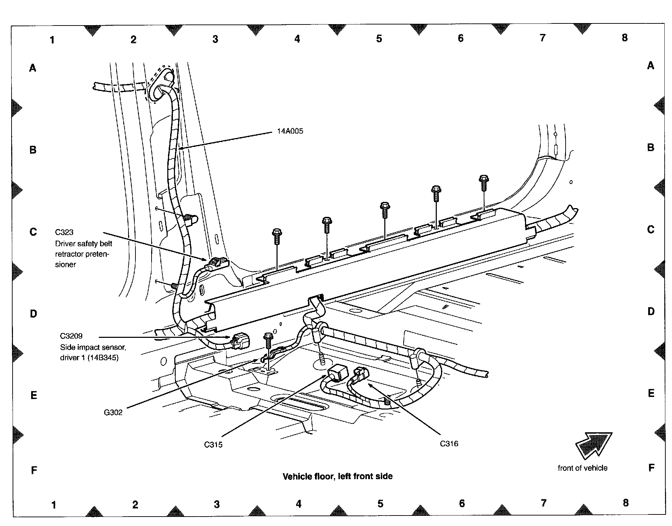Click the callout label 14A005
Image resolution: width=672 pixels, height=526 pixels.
point(290,131)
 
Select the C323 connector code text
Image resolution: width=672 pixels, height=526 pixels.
point(64,232)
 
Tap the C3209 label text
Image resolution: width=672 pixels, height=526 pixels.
point(71,336)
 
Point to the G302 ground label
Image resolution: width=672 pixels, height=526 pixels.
point(113,412)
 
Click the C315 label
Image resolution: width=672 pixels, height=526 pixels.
point(213,445)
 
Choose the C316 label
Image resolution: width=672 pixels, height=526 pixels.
point(449,444)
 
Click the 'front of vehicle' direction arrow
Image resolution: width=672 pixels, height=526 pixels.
point(594,445)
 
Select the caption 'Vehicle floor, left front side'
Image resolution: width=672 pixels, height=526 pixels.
point(337,476)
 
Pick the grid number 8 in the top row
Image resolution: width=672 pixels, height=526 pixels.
point(625,38)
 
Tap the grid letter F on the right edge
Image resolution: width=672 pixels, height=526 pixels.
point(651,468)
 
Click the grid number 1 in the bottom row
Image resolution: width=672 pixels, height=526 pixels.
point(54,505)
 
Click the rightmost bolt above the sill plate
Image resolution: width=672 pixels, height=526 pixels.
point(483,182)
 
